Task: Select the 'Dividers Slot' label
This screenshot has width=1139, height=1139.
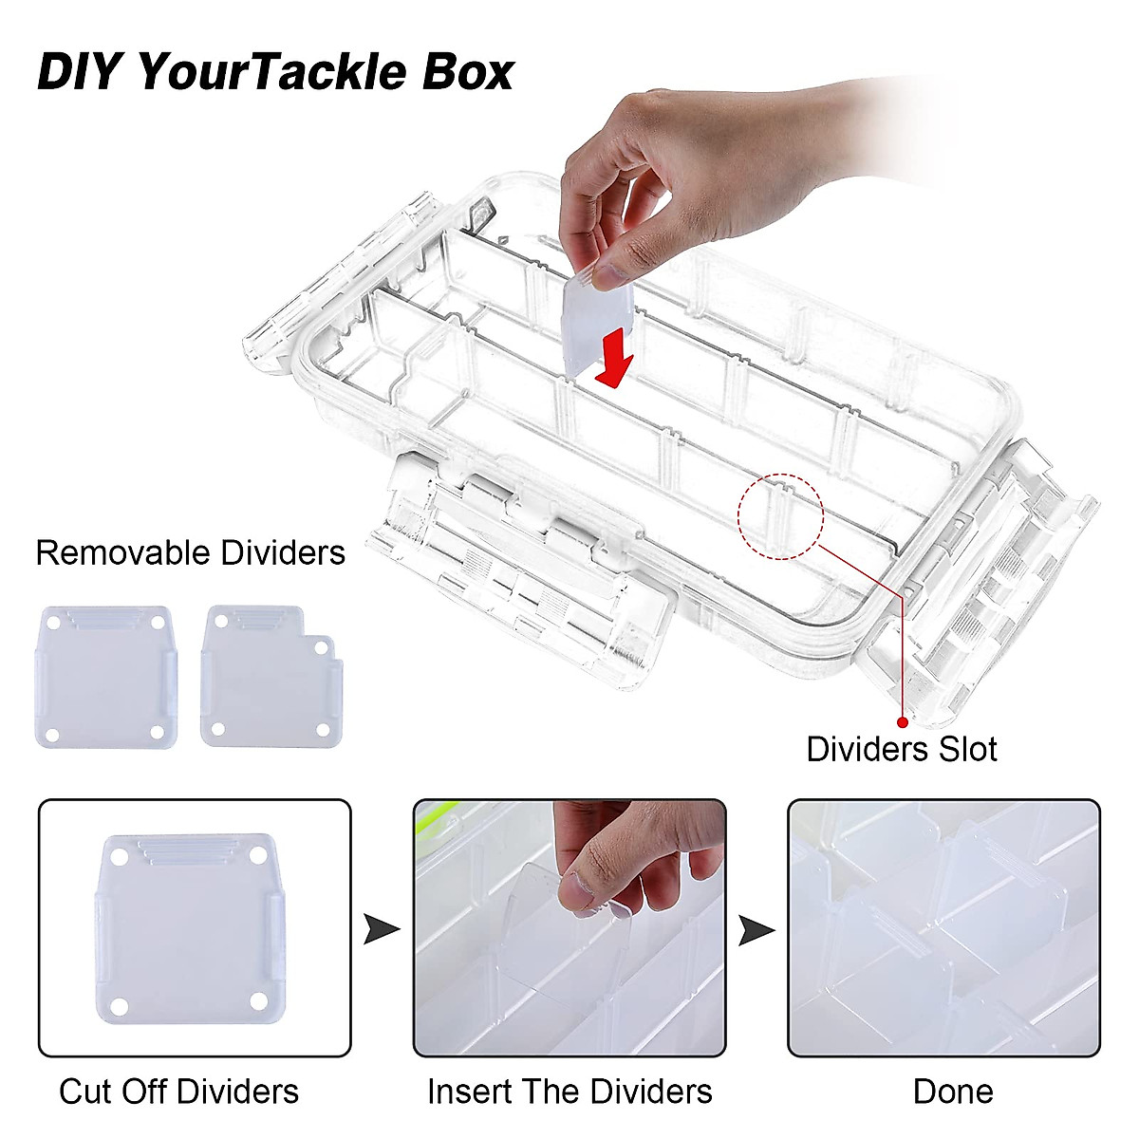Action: (901, 749)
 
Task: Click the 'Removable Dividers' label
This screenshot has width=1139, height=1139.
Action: (190, 552)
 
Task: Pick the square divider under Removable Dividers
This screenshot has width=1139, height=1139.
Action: (104, 676)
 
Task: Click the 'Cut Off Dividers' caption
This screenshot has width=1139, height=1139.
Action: (178, 1092)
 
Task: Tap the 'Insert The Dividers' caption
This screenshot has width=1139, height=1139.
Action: (569, 1092)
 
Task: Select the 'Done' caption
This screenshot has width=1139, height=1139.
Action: (953, 1092)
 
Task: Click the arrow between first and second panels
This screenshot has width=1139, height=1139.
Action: (382, 929)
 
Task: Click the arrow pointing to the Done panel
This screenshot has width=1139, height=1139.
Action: (756, 929)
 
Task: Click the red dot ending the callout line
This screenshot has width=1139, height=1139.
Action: (901, 722)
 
